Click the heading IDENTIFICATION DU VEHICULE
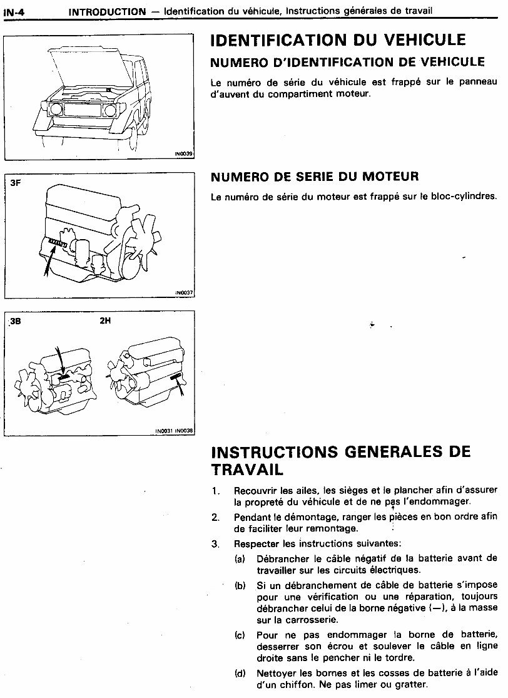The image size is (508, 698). [338, 40]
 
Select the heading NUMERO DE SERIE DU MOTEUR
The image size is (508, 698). [315, 177]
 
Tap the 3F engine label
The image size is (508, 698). [16, 183]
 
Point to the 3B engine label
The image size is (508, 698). [16, 322]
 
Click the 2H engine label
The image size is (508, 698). [105, 322]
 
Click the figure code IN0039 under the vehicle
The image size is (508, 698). [184, 154]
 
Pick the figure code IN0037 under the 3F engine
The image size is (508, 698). [184, 292]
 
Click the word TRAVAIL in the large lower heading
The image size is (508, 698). [247, 469]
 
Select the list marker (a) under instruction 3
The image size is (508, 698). [240, 558]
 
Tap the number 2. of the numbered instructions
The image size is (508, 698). [215, 517]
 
